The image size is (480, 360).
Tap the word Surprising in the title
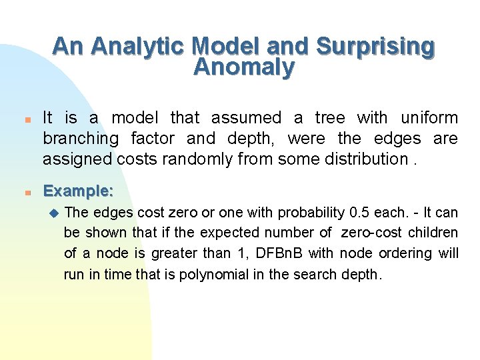coord(375,46)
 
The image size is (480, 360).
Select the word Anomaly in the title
coord(243,67)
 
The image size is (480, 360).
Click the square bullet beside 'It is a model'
coord(21,121)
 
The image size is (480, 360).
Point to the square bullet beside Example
coord(21,193)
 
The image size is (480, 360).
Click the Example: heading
coord(78,191)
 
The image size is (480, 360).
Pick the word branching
coord(81,139)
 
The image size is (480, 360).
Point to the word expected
coord(232,233)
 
